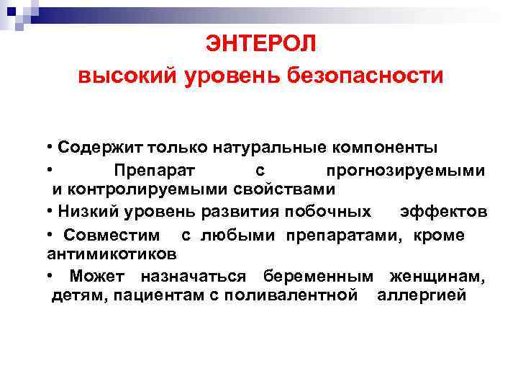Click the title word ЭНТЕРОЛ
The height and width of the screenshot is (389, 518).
click(260, 44)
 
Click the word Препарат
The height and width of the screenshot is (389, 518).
click(158, 171)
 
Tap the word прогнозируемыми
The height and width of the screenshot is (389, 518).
click(405, 171)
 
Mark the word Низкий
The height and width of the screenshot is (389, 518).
click(86, 212)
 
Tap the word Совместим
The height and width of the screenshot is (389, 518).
click(112, 235)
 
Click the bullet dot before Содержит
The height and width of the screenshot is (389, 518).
click(48, 148)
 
